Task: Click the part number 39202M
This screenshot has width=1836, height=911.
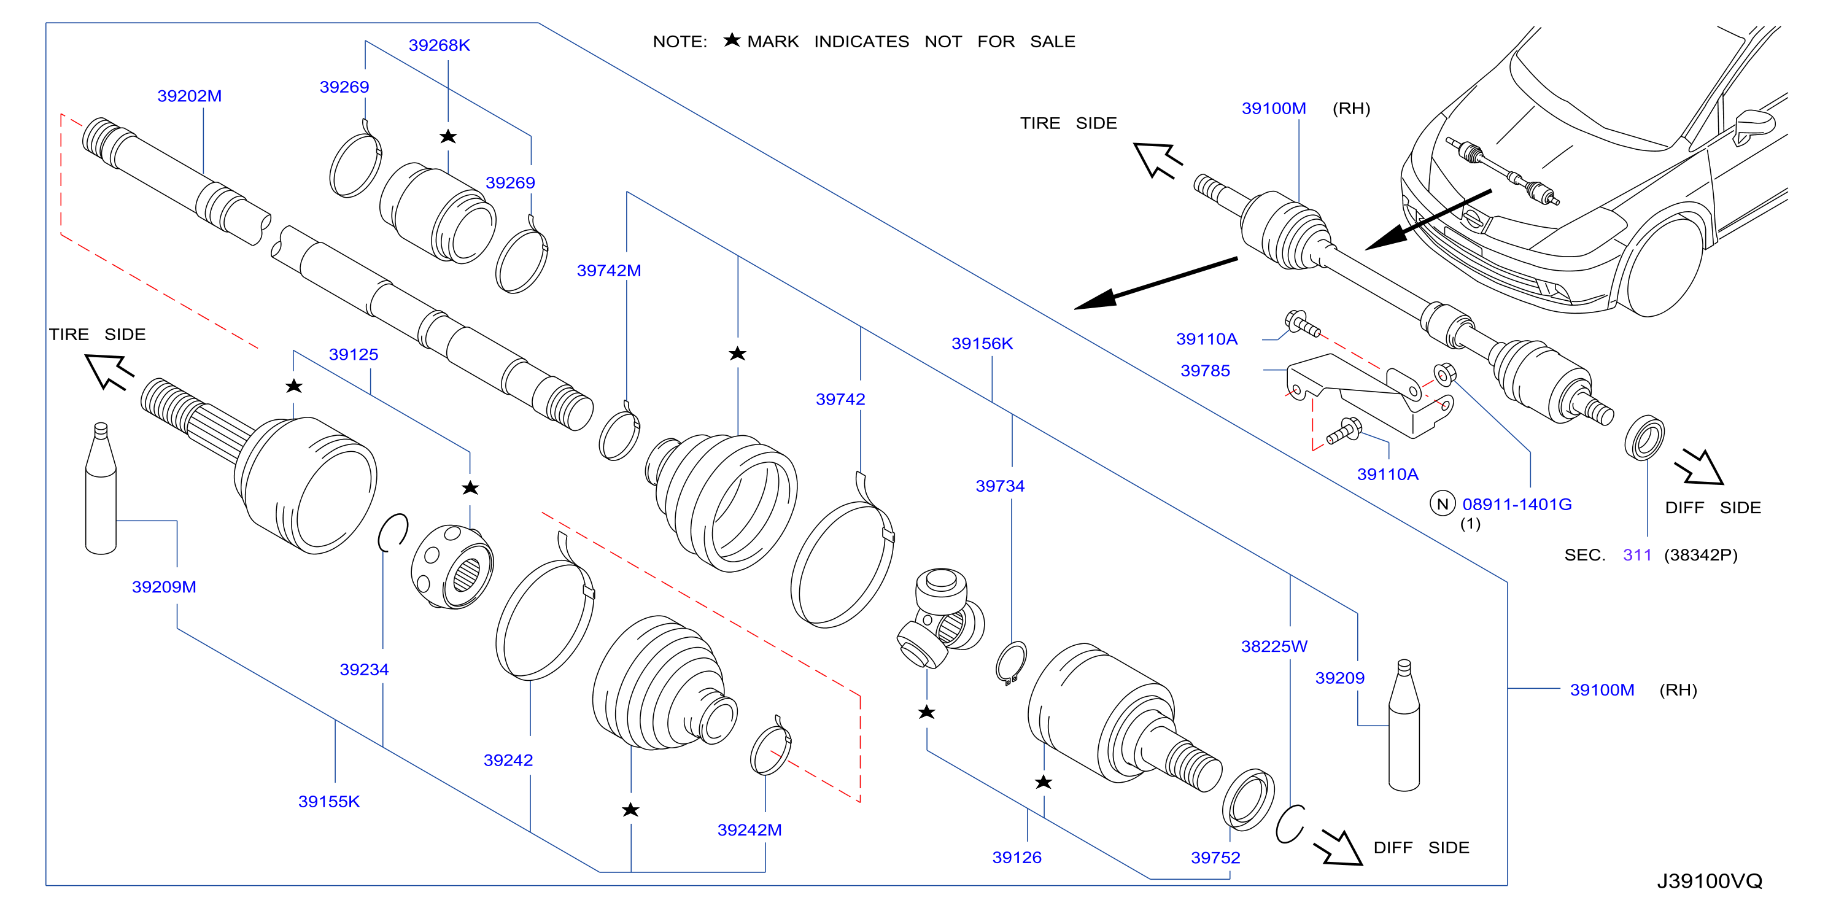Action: point(189,96)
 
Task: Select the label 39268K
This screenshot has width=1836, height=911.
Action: point(439,45)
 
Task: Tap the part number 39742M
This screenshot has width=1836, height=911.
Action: point(609,270)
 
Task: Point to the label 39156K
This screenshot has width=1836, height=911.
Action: point(982,343)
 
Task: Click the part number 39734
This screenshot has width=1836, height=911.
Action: point(999,486)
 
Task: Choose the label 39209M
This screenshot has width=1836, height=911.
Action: point(164,587)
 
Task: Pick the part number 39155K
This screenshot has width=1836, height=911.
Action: point(328,801)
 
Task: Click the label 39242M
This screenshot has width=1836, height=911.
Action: point(749,830)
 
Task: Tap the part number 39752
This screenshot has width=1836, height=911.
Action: point(1215,858)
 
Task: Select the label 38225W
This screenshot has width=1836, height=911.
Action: point(1274,646)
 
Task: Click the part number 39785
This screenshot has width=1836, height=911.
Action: point(1204,371)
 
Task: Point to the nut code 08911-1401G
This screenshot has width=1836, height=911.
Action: point(1517,504)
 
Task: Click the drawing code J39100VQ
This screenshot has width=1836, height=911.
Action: point(1709,881)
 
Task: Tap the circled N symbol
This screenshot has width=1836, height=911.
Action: point(1443,504)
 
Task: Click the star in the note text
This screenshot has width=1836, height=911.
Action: point(732,40)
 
